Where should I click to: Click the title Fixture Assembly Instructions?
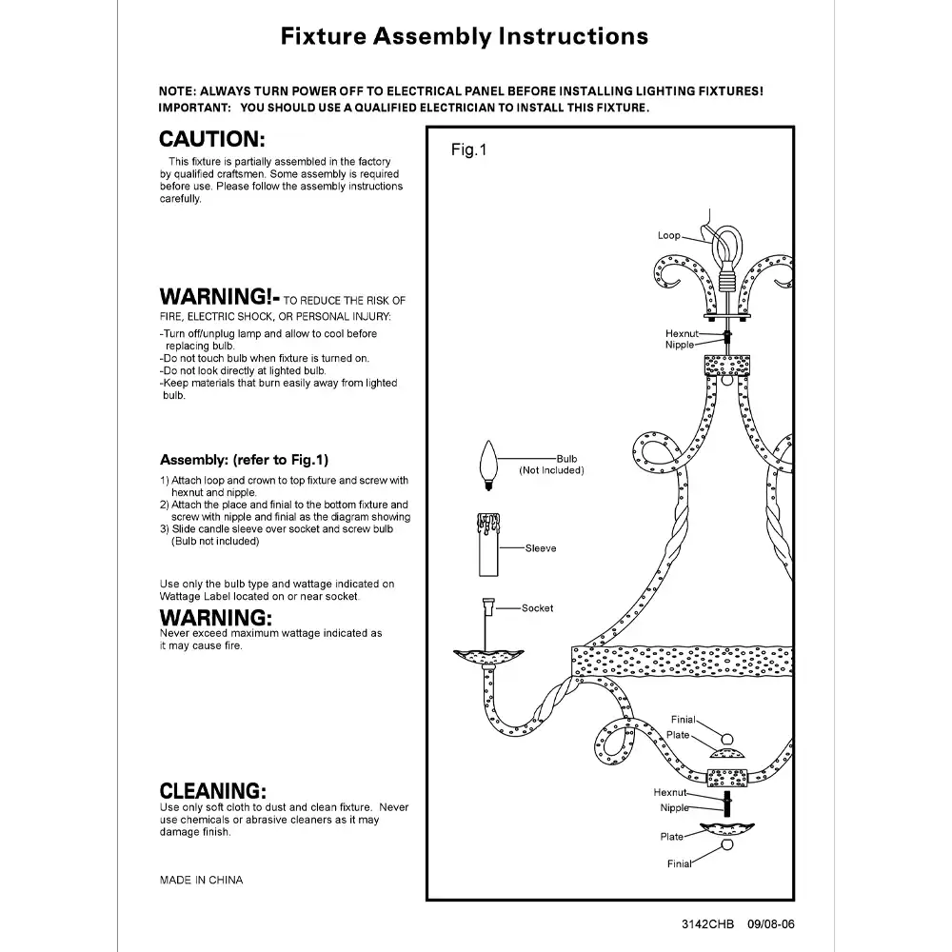465,37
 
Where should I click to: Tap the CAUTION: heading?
211,139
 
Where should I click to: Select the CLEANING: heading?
212,790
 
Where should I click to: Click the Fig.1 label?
468,150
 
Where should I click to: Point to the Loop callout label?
668,235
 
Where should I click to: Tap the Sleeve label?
541,548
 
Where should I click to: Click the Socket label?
537,608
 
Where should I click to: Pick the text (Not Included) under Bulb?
551,470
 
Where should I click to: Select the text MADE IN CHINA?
201,880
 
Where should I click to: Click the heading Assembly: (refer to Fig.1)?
244,460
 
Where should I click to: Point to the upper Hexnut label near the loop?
682,334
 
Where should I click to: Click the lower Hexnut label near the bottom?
670,792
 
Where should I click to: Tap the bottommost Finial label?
679,864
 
